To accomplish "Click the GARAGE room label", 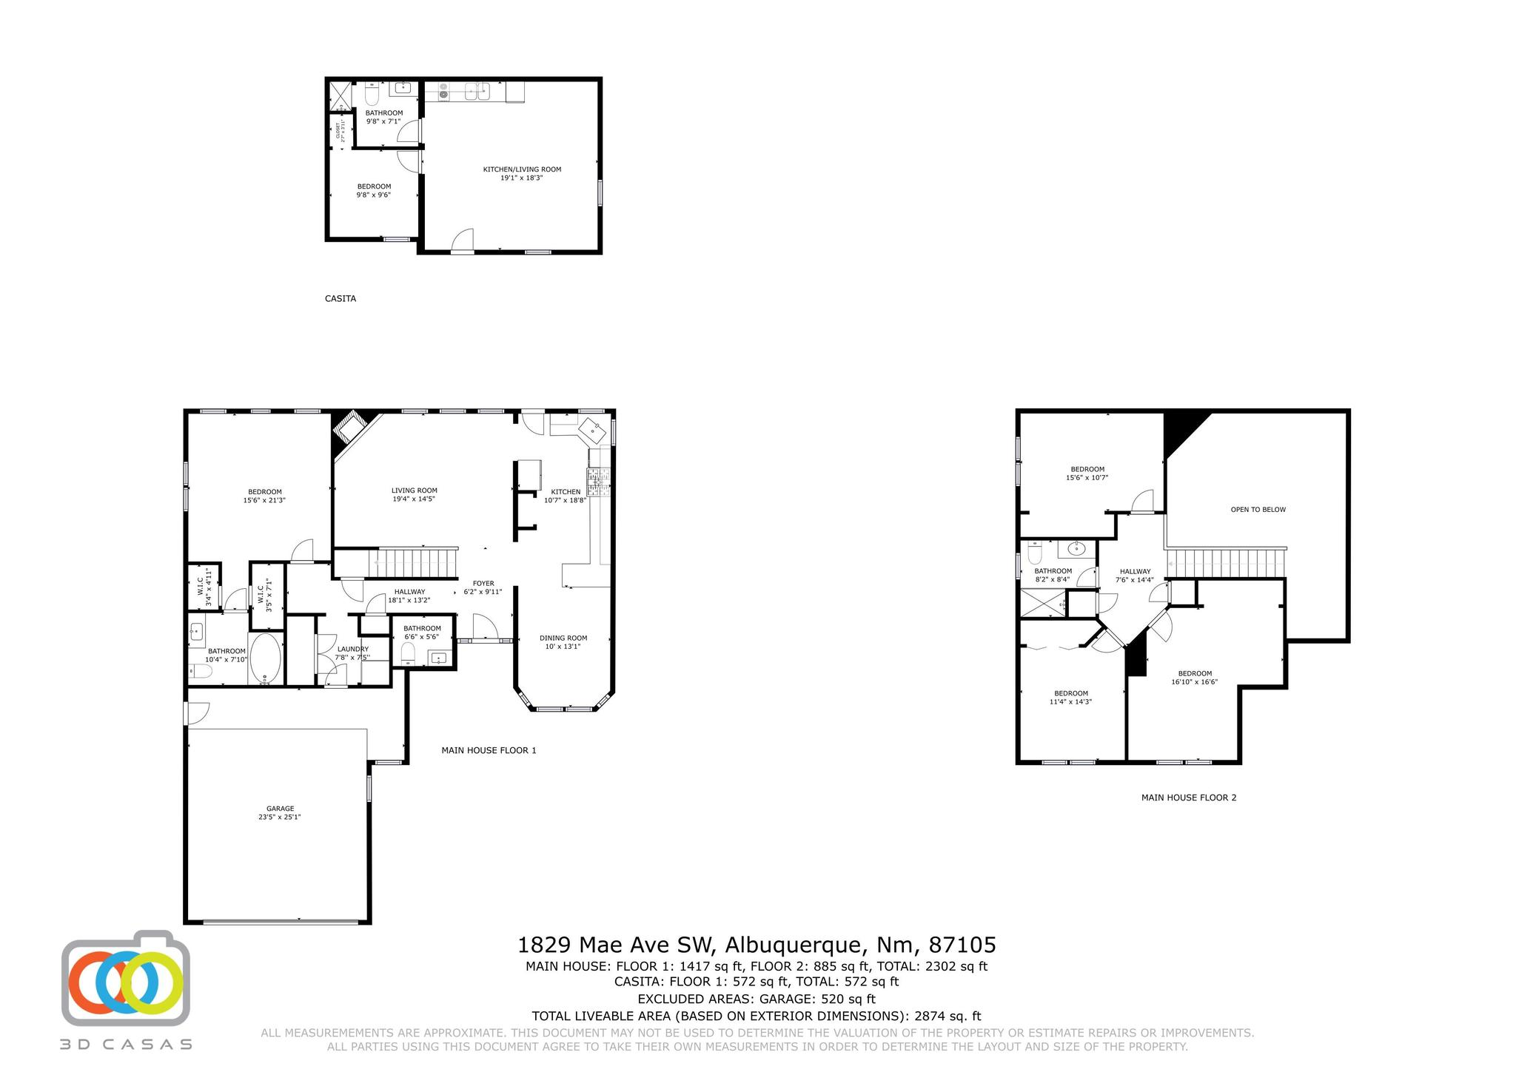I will tap(280, 812).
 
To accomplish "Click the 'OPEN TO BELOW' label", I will tap(1258, 510).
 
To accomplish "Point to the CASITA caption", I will tap(341, 299).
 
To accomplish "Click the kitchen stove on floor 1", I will tap(598, 482).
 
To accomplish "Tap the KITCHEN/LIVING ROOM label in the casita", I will tap(522, 173).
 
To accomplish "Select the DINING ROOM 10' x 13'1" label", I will tap(563, 641).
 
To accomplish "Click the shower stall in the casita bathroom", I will tap(341, 95).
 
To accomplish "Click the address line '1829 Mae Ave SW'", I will tap(756, 945).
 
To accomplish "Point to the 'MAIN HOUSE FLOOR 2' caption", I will tap(1188, 798).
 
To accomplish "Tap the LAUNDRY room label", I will tap(352, 653).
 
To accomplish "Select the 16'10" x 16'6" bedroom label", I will tap(1194, 678).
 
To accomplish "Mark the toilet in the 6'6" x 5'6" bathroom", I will tap(407, 653).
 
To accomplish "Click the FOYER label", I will tap(483, 587).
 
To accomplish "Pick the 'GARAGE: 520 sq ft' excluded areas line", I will tap(756, 999).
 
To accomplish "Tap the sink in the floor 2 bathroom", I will tap(1076, 549).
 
